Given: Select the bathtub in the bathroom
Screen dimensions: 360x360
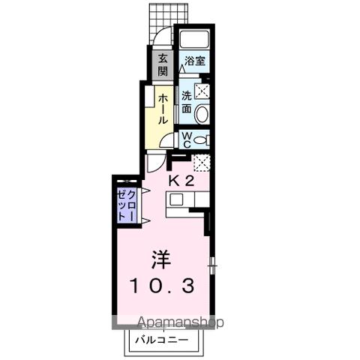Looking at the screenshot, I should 192,40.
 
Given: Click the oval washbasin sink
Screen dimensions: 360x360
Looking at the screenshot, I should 202,114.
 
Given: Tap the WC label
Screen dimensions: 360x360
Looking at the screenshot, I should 187,139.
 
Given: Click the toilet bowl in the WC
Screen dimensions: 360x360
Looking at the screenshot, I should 202,139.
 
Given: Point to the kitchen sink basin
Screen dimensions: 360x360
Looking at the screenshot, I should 177,199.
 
